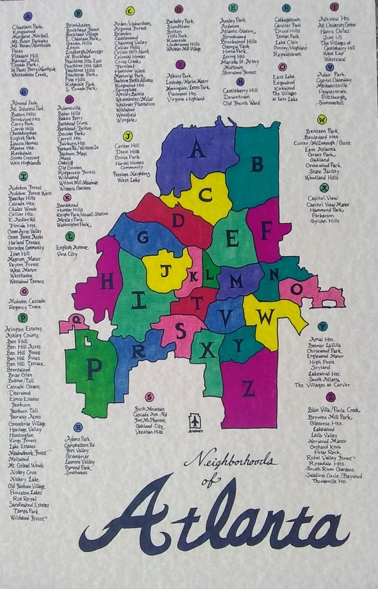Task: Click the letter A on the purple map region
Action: [196, 149]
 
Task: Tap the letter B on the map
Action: [257, 163]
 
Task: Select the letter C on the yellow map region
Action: [206, 194]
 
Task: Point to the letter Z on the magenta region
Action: [249, 388]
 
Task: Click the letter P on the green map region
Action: [94, 365]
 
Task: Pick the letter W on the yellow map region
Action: [265, 317]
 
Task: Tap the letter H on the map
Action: [107, 281]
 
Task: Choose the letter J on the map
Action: [166, 270]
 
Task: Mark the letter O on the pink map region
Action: [296, 290]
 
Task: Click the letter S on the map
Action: [180, 330]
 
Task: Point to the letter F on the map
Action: [267, 229]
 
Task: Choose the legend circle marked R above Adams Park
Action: [78, 427]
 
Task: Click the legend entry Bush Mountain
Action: [149, 409]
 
